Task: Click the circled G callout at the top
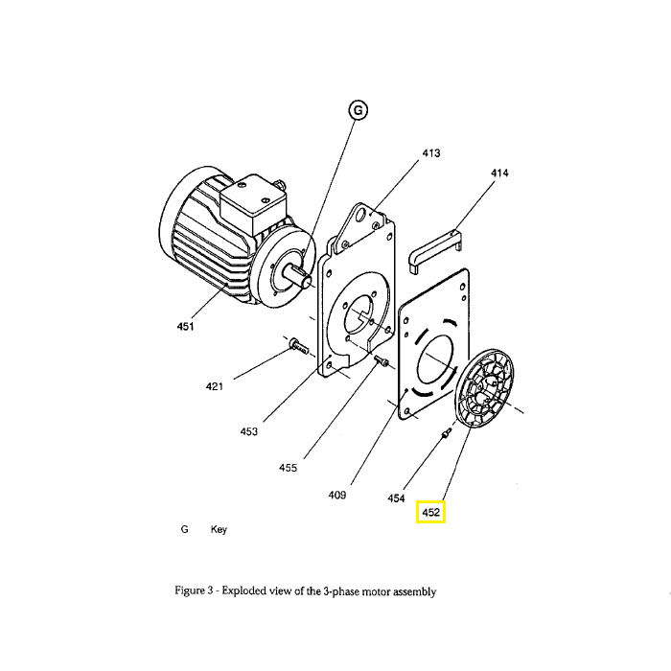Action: pos(359,110)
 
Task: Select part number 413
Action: pos(431,153)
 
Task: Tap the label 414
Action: pos(499,173)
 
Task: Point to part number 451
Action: pos(185,327)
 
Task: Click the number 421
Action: pos(215,386)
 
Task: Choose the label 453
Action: pos(249,431)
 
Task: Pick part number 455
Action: pos(288,468)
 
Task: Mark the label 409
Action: pos(337,496)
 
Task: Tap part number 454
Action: pos(396,498)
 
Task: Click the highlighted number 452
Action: pos(431,512)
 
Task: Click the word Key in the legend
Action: pos(219,529)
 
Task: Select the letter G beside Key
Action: pos(184,529)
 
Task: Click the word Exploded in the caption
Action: pos(243,591)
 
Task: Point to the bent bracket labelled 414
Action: pos(434,250)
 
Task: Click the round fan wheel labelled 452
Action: pos(484,387)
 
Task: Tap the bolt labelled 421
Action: pos(299,346)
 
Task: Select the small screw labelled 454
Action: pos(447,432)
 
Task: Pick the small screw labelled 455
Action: pos(381,360)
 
